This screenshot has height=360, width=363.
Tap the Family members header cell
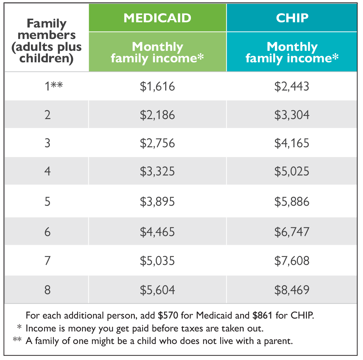click(x=47, y=41)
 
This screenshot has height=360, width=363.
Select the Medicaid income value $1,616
click(x=157, y=86)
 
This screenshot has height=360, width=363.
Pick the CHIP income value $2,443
click(x=292, y=86)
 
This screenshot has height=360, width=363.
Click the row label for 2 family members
click(x=47, y=115)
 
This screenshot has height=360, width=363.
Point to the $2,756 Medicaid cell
click(x=157, y=143)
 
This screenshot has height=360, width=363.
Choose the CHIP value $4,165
click(x=292, y=143)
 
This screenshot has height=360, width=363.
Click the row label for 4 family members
click(x=47, y=171)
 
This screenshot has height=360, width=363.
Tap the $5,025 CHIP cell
click(x=292, y=171)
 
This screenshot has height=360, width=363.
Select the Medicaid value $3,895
click(x=157, y=202)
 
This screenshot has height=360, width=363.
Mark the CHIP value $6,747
click(x=292, y=232)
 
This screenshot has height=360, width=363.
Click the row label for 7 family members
click(x=47, y=261)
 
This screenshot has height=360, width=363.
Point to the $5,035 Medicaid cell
click(x=157, y=261)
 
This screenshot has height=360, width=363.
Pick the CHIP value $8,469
click(x=292, y=290)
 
